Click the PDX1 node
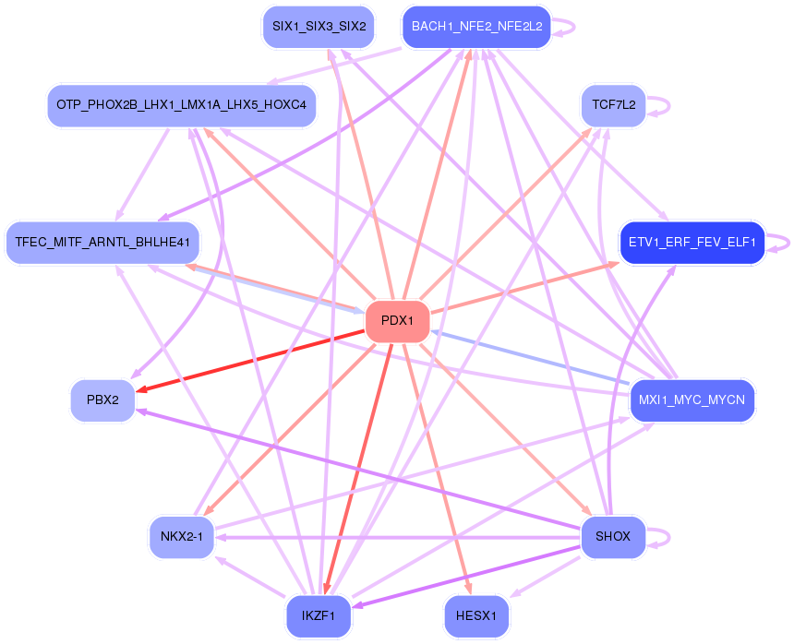pyautogui.click(x=397, y=322)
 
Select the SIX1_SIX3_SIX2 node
pyautogui.click(x=318, y=27)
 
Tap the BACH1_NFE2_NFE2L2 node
pyautogui.click(x=476, y=27)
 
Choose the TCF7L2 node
pyautogui.click(x=613, y=105)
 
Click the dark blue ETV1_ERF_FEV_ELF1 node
pyautogui.click(x=692, y=243)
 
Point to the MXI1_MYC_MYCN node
pyautogui.click(x=692, y=400)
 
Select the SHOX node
pyautogui.click(x=613, y=537)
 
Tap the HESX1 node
pyautogui.click(x=476, y=615)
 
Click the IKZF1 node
pyautogui.click(x=318, y=615)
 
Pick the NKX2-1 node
pyautogui.click(x=181, y=537)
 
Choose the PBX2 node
pyautogui.click(x=102, y=400)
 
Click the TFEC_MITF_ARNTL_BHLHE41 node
pyautogui.click(x=102, y=243)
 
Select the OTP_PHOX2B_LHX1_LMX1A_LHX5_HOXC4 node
pyautogui.click(x=181, y=105)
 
